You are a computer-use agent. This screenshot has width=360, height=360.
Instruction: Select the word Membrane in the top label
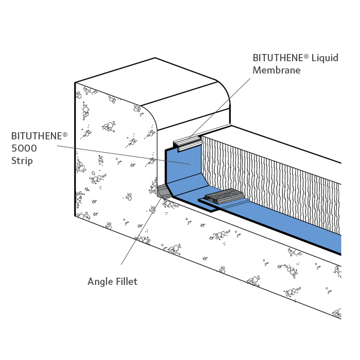point(276,70)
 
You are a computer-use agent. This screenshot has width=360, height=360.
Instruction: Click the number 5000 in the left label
point(25,149)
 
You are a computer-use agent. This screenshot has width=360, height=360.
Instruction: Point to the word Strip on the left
point(22,161)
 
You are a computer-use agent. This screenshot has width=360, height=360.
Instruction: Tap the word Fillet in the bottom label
point(126,282)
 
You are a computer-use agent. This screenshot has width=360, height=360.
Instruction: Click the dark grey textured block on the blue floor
point(225,196)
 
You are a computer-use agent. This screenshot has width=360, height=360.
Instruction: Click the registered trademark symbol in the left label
point(65,133)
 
